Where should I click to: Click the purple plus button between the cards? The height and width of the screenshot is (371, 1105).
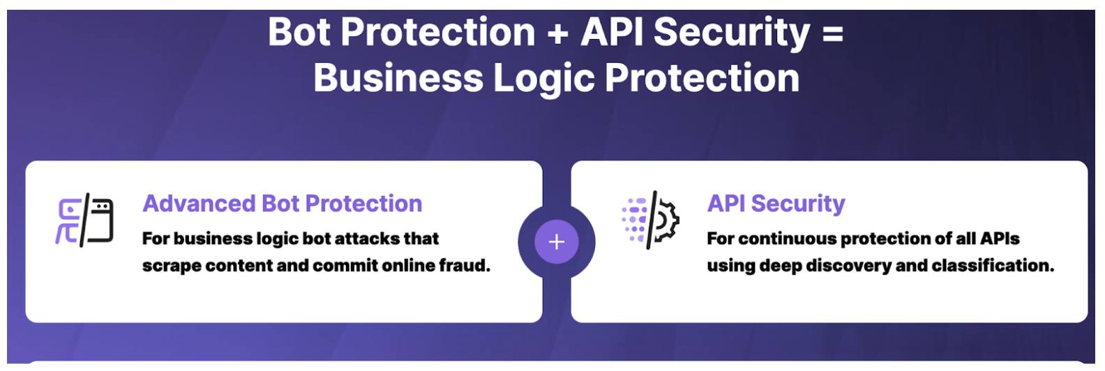pos(556,242)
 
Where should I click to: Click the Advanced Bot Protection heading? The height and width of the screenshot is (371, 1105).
pos(283,204)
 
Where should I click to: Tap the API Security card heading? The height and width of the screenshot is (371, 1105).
pos(776,204)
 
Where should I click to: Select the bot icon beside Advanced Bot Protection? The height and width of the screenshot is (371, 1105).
pos(84,220)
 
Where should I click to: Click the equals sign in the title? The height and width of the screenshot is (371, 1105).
pos(833,33)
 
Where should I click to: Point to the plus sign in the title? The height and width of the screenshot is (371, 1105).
pos(557,33)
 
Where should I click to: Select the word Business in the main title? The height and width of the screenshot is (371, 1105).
pos(398,78)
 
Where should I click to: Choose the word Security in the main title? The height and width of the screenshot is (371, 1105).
pos(732,33)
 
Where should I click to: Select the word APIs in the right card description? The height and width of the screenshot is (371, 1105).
pos(1000,238)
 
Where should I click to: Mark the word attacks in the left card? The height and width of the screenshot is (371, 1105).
pos(366,238)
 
